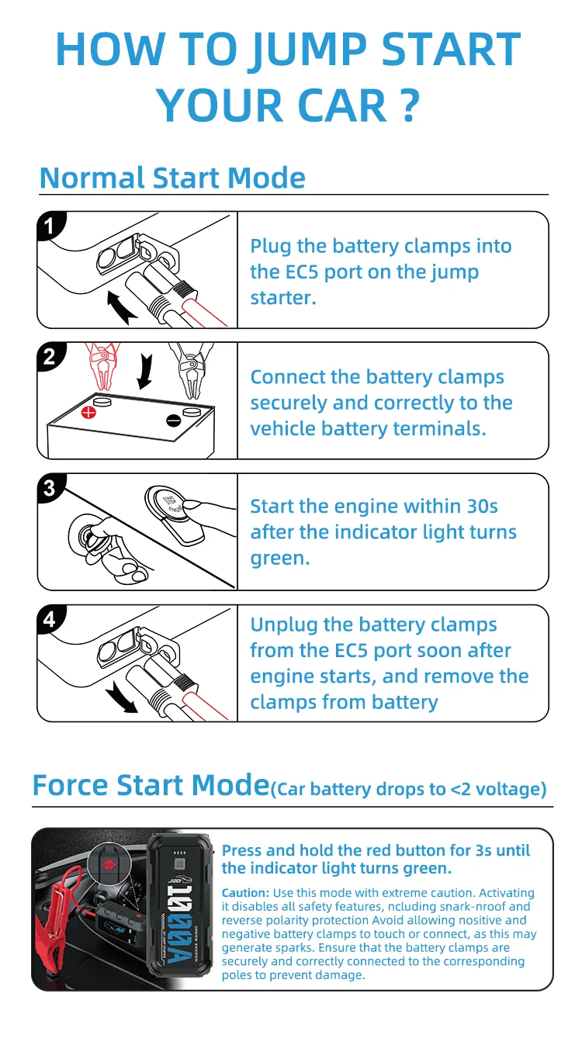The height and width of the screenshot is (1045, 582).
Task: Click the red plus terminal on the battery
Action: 89,412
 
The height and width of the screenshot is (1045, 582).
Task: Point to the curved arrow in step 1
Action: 121,306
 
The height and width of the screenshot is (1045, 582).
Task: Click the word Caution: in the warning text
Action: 247,893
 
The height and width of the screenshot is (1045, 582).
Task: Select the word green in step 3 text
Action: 276,559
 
